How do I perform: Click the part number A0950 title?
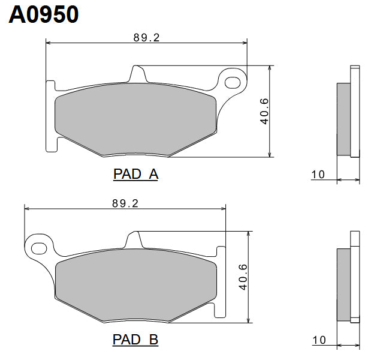(x=44, y=14)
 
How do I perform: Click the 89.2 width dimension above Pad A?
(x=146, y=37)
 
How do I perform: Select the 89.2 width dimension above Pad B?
(x=125, y=203)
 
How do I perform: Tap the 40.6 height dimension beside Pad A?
(x=264, y=112)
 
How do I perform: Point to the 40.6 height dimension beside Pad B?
(x=243, y=277)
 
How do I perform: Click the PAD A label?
(x=135, y=175)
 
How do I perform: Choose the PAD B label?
(x=135, y=340)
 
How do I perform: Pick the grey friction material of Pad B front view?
(x=135, y=284)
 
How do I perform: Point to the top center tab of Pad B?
(x=135, y=239)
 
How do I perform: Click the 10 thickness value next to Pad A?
(x=318, y=175)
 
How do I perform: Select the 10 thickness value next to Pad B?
(x=318, y=340)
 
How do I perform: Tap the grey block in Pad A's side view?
(x=344, y=119)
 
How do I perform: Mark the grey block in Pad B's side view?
(x=344, y=284)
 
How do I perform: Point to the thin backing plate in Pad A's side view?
(x=355, y=111)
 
